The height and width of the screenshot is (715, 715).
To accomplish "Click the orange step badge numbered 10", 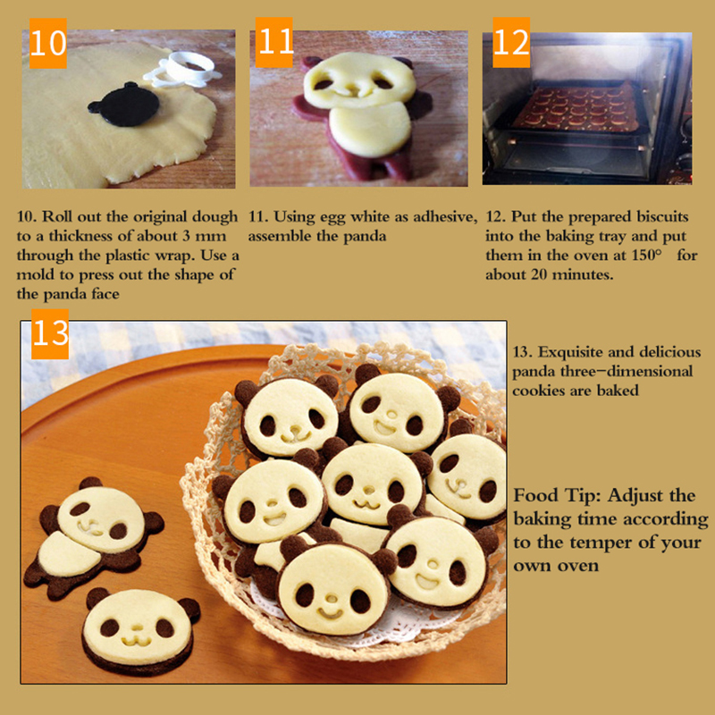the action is (x=48, y=43).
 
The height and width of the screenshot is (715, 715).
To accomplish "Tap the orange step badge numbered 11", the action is (x=274, y=42).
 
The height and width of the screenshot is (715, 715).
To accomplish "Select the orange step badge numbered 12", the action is (x=511, y=42).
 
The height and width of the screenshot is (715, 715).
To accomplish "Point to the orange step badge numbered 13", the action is (x=50, y=333).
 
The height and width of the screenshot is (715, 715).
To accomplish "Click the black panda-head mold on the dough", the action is (x=124, y=105).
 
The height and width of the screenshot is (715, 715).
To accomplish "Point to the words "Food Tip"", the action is (x=558, y=495).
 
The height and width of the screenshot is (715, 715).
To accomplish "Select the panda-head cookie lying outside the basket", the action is (x=139, y=631).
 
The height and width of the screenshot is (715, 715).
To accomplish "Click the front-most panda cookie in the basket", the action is (x=336, y=585).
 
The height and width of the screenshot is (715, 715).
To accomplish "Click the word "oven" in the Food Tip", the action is (x=579, y=567).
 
